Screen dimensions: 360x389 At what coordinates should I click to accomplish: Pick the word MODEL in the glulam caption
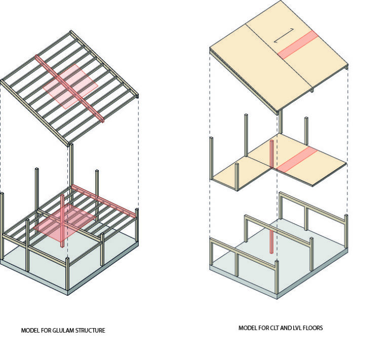point(29,331)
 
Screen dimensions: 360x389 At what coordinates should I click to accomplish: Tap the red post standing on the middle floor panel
point(273,154)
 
